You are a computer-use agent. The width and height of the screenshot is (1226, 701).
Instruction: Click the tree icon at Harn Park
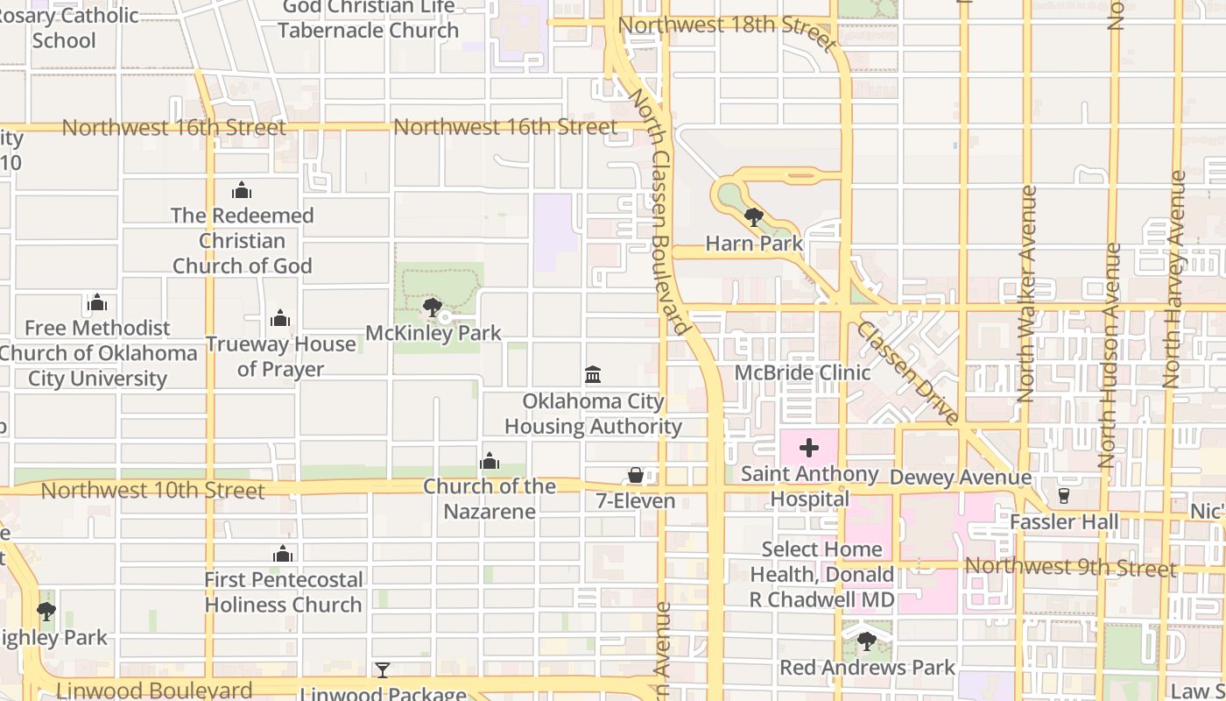[753, 216]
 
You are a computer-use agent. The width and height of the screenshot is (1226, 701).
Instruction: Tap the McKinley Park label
[433, 333]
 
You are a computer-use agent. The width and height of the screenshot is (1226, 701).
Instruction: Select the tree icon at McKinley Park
[431, 307]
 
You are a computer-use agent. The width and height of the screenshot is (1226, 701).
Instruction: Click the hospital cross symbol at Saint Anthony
[809, 449]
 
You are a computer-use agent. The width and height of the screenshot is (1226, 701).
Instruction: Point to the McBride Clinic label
[802, 372]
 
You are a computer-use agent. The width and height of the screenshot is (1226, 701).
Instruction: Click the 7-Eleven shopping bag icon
[636, 475]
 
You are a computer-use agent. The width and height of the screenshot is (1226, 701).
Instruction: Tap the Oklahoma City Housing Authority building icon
[593, 375]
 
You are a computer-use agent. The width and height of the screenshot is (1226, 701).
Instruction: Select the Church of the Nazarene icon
[490, 461]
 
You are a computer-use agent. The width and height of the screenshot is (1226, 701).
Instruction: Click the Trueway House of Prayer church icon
[280, 318]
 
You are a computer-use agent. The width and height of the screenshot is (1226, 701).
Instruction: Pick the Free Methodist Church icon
[97, 302]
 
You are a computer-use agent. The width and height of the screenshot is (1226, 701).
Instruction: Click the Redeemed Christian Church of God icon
[242, 190]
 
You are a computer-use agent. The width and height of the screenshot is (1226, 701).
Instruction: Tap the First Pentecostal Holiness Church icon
[282, 554]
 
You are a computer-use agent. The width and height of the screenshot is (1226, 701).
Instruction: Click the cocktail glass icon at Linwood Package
[383, 670]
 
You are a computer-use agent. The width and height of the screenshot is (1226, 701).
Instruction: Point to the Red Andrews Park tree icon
[866, 641]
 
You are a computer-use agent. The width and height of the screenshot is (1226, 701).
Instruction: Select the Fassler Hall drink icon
[1064, 496]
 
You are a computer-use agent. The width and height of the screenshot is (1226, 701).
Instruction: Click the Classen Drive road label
[907, 372]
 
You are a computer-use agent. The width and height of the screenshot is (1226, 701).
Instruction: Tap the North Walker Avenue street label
[1028, 294]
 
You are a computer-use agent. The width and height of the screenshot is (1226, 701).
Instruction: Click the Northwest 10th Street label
[152, 491]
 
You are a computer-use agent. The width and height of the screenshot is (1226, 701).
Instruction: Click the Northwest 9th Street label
[1070, 567]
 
